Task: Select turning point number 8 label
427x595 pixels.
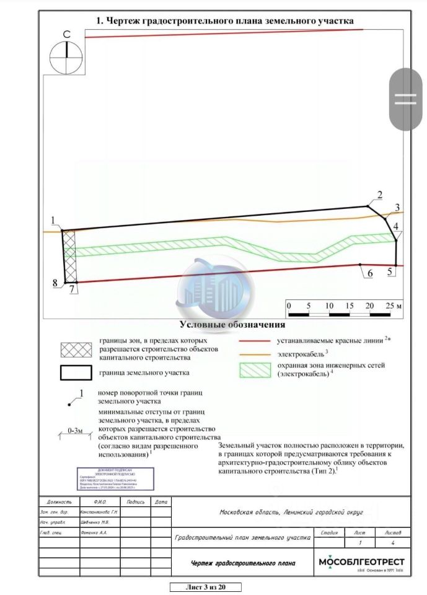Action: [55, 283]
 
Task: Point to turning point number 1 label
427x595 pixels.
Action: [54, 220]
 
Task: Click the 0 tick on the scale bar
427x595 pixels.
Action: [288, 306]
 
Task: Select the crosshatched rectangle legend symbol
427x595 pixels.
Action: [74, 350]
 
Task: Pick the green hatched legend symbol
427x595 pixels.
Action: [256, 370]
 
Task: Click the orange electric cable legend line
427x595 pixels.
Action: [256, 353]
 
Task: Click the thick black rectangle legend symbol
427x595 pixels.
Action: [74, 373]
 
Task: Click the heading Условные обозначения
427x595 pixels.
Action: [232, 325]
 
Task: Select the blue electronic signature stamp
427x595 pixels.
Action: [115, 478]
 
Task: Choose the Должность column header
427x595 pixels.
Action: [59, 502]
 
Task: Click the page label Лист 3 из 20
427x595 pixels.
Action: [205, 587]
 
